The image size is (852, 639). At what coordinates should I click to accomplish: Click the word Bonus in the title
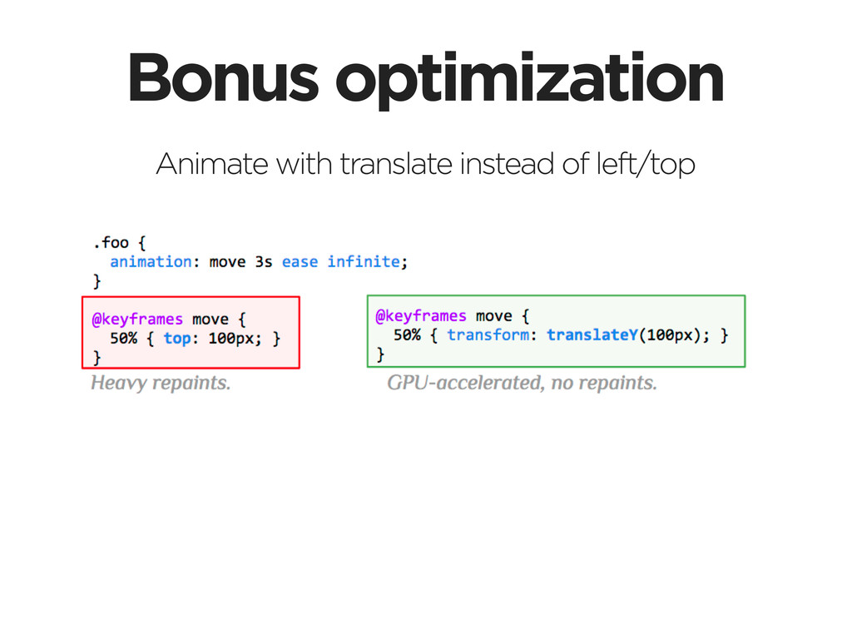(x=223, y=77)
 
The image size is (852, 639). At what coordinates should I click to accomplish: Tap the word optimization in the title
(x=529, y=82)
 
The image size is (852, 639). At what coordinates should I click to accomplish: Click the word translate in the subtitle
(x=396, y=164)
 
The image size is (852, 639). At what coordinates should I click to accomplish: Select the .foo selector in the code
(x=111, y=242)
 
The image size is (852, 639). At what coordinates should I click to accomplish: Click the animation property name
(x=151, y=262)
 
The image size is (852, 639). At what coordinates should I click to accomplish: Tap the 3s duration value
(x=264, y=262)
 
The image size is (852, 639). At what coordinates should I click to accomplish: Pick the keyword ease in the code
(x=300, y=262)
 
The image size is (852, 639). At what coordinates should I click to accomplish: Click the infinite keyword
(x=364, y=262)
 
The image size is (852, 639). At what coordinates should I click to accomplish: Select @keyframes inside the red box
(x=137, y=319)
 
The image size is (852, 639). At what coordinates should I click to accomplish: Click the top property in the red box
(x=177, y=339)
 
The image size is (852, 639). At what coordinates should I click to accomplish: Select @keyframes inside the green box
(x=421, y=315)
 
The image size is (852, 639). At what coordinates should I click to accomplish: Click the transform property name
(x=488, y=334)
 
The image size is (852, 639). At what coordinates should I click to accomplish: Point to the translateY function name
(x=592, y=334)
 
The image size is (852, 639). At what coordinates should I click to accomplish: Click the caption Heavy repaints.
(x=161, y=383)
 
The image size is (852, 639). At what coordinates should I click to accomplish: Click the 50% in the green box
(x=407, y=334)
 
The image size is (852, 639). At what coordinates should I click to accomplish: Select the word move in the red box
(x=211, y=319)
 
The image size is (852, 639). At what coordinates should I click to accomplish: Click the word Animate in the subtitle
(x=212, y=164)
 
